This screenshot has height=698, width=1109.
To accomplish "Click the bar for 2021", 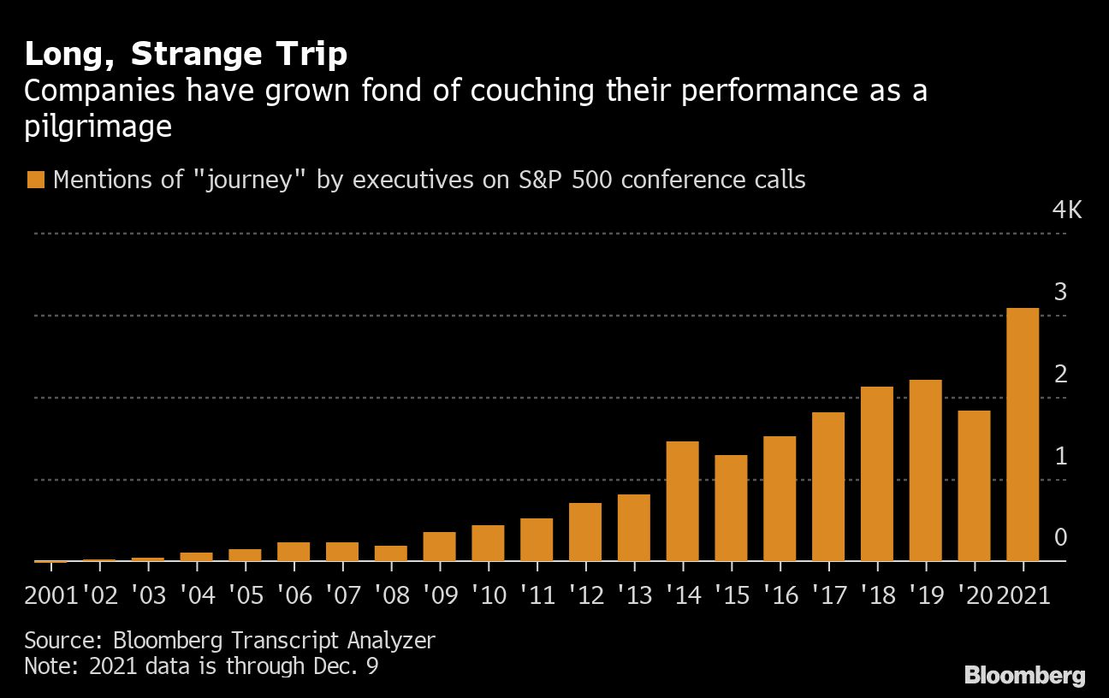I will point(1023,435).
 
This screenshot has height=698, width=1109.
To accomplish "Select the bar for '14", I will point(683,501).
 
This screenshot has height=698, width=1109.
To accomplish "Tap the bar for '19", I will point(925,470).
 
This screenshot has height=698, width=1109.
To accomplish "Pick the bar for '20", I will point(974,486).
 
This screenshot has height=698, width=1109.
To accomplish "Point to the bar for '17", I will point(828,487).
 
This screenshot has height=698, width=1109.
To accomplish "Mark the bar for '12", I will point(585,532).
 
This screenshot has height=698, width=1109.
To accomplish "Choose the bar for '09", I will point(440,547).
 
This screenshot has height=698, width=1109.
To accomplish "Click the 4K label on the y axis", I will point(1067,210).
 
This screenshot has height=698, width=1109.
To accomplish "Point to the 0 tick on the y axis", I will point(1060,537).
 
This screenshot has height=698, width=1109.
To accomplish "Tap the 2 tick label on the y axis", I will point(1060,374).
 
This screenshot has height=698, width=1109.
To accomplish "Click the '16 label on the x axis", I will point(780,595).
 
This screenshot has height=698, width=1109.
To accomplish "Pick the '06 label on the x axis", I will point(294,595).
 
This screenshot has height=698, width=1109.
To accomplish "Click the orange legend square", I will point(35,180).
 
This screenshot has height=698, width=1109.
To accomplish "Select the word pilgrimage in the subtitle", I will point(98,127).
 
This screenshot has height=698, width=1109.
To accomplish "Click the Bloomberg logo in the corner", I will point(1024,675).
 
